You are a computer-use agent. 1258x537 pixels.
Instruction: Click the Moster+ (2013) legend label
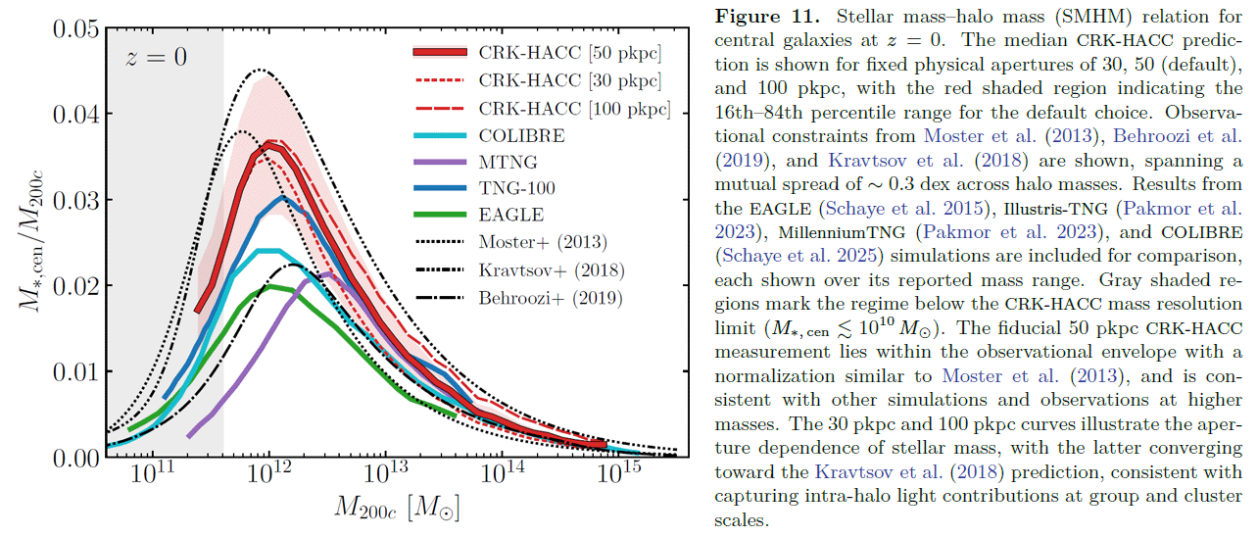point(543,241)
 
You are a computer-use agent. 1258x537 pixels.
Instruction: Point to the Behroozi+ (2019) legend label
point(551,296)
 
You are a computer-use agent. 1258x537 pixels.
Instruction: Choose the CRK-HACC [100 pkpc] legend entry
point(573,108)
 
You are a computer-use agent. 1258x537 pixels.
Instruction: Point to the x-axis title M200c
point(397,509)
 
